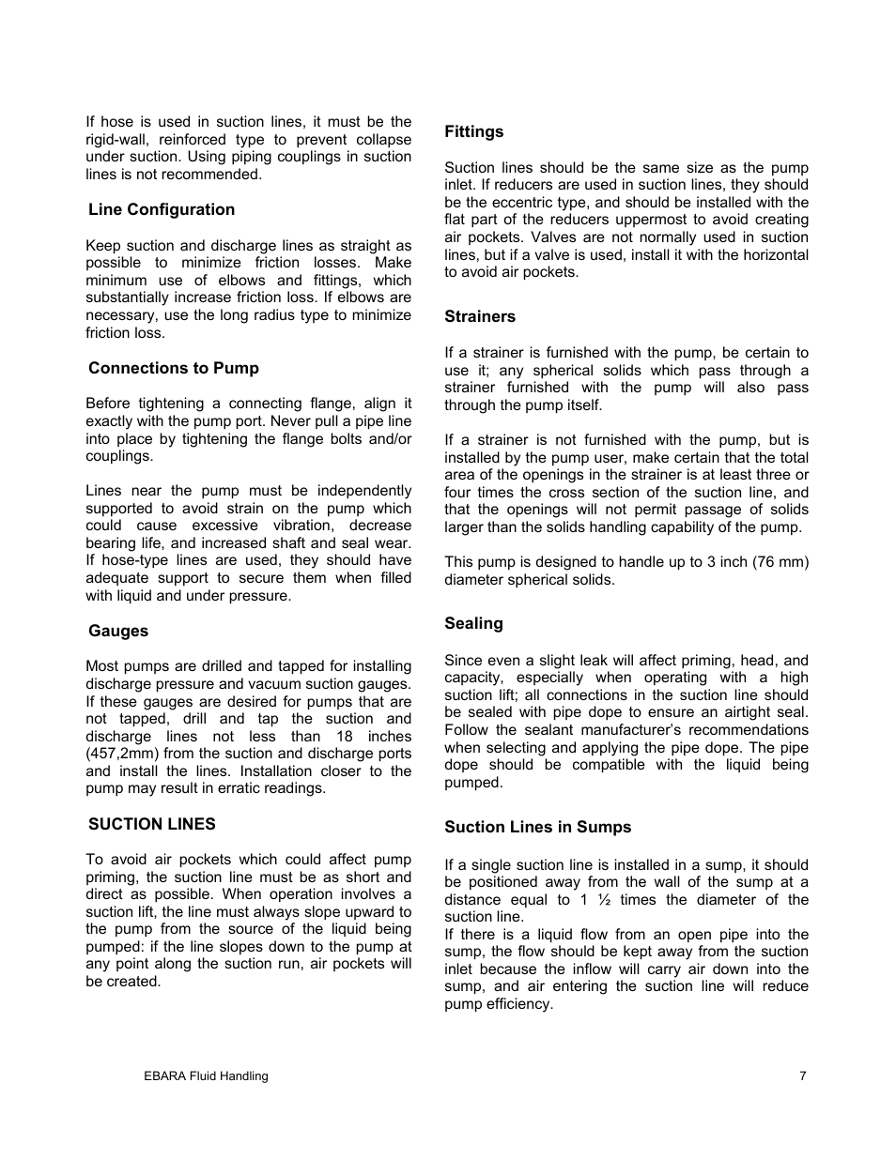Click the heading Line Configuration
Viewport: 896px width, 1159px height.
(162, 209)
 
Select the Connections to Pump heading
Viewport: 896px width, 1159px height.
(174, 368)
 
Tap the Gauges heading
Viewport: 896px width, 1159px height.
(118, 631)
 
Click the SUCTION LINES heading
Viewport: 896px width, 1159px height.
(152, 824)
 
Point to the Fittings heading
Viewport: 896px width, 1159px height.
(473, 131)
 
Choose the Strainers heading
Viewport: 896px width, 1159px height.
(480, 316)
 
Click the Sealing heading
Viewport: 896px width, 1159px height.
(473, 623)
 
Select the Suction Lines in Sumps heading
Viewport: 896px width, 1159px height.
(537, 827)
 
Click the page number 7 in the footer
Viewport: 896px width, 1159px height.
(803, 1076)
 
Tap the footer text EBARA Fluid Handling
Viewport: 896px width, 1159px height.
(199, 1076)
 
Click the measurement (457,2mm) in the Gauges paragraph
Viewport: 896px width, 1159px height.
(126, 754)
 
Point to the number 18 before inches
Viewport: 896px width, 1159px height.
(345, 737)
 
